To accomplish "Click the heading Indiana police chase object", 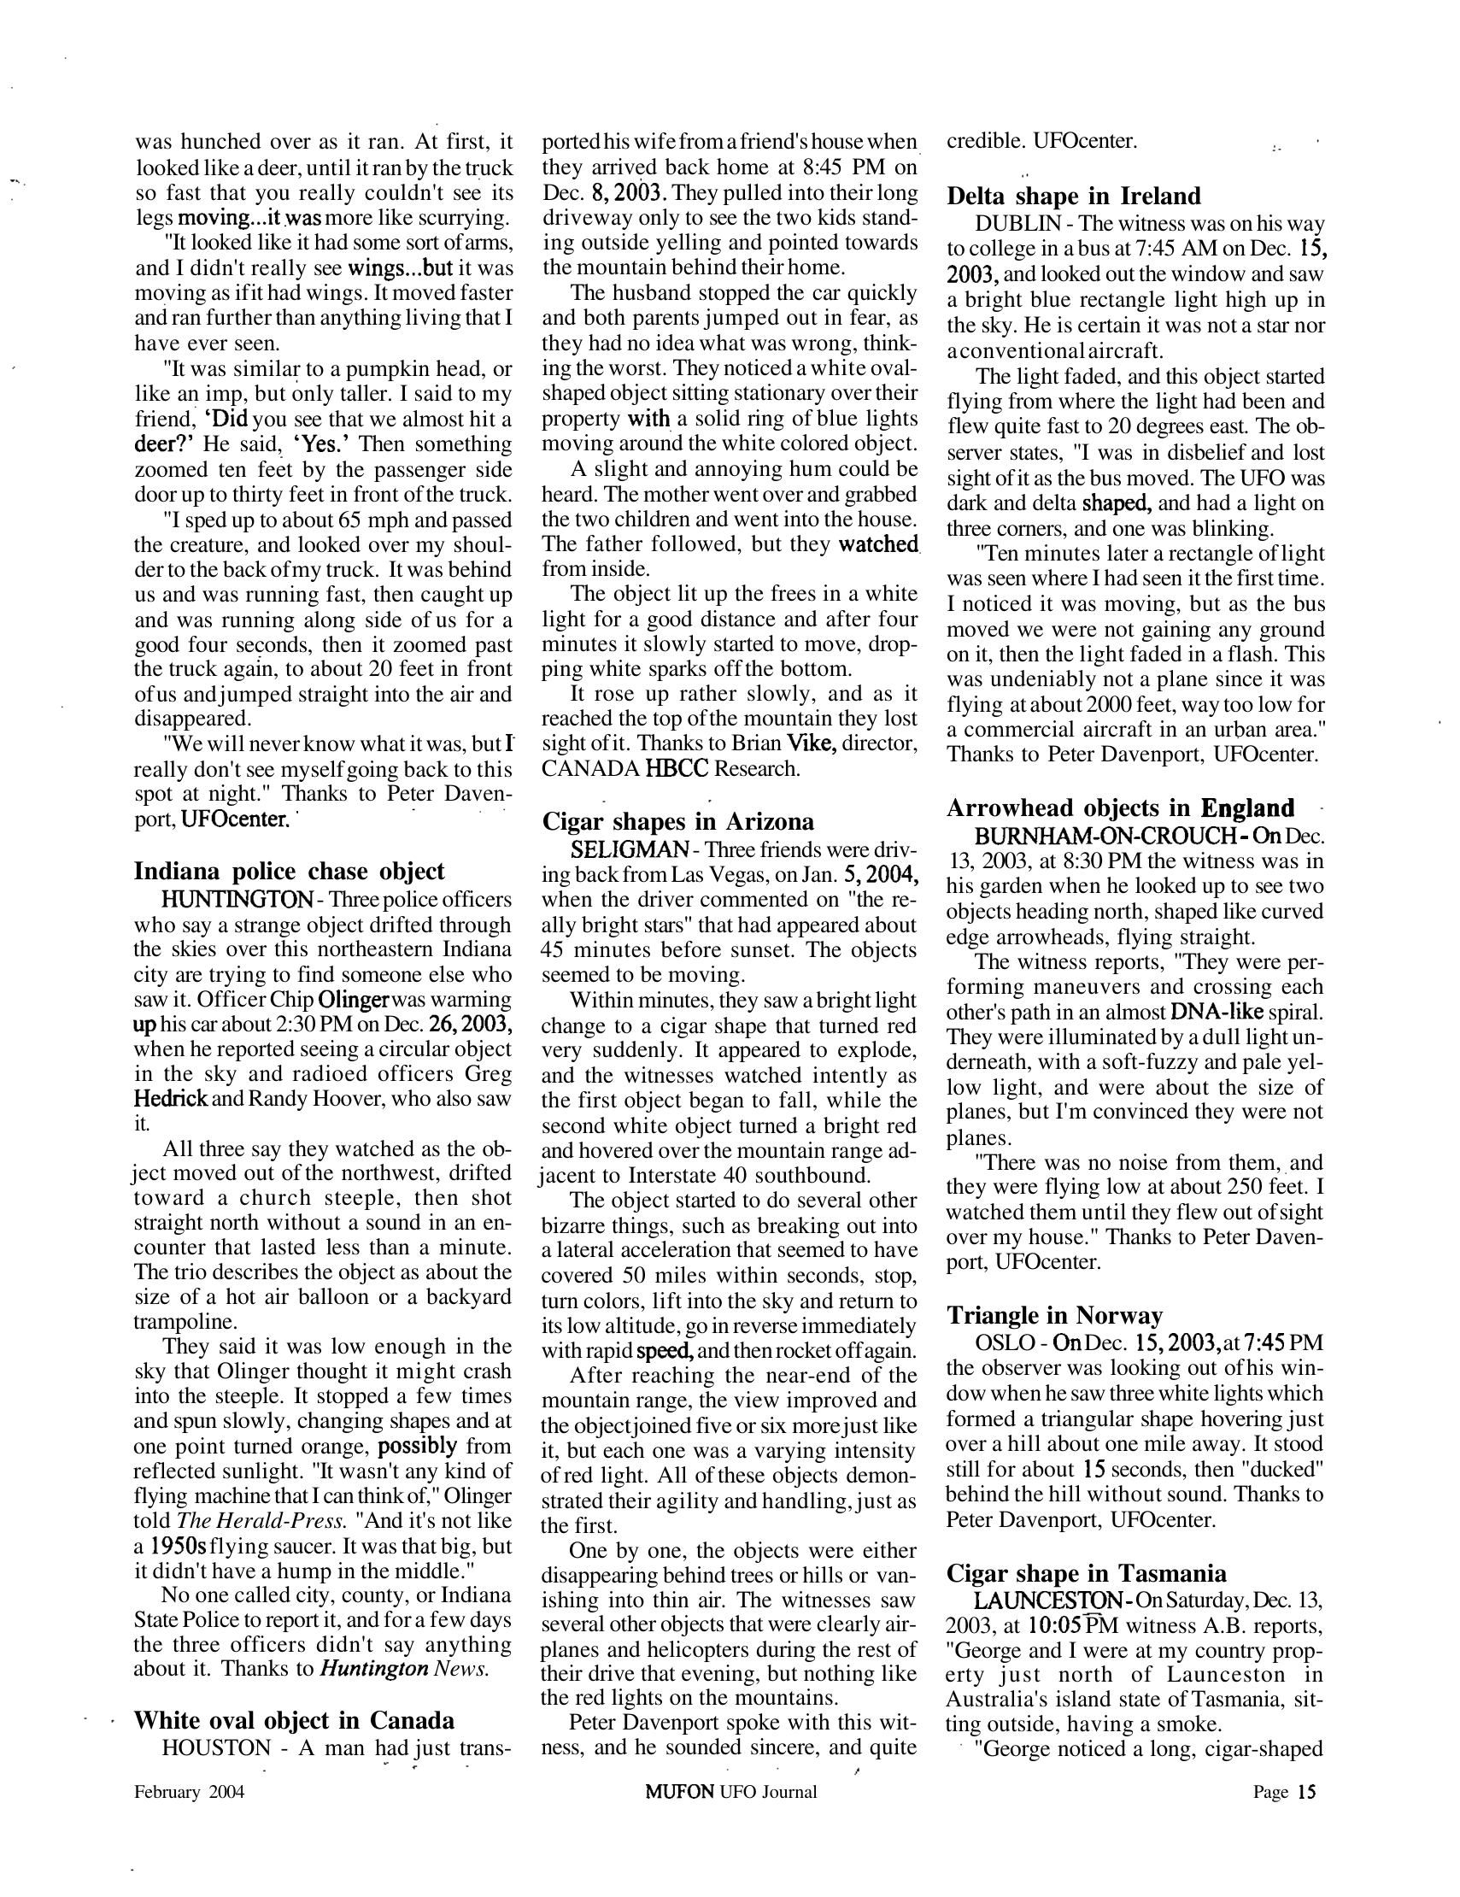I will point(289,872).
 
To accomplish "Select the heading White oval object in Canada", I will point(294,1720).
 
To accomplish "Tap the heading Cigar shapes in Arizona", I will point(678,821).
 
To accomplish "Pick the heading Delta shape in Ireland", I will point(1074,196).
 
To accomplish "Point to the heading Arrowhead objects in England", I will point(1119,808).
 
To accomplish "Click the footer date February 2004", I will point(190,1791).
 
